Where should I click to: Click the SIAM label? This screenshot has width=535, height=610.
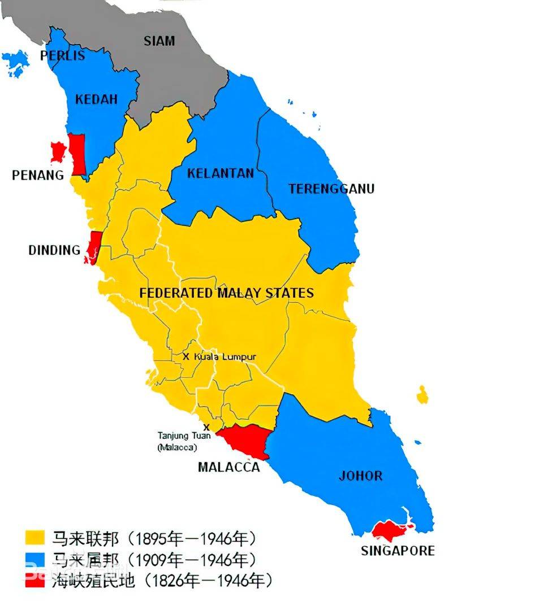pyautogui.click(x=159, y=41)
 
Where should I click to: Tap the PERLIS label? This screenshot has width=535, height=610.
pyautogui.click(x=62, y=55)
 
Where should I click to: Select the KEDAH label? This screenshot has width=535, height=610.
pyautogui.click(x=96, y=99)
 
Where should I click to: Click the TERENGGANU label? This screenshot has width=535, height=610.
pyautogui.click(x=331, y=189)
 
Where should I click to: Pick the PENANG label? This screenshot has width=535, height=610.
pyautogui.click(x=38, y=175)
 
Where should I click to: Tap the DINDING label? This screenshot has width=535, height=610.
pyautogui.click(x=54, y=250)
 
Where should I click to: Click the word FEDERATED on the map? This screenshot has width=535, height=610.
pyautogui.click(x=176, y=293)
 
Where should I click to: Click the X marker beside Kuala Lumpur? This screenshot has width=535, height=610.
pyautogui.click(x=185, y=357)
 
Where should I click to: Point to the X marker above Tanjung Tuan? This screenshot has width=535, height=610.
pyautogui.click(x=206, y=427)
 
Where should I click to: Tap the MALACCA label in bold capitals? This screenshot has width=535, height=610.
pyautogui.click(x=229, y=467)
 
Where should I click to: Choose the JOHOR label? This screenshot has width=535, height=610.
pyautogui.click(x=360, y=476)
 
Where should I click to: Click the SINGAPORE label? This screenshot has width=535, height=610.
pyautogui.click(x=398, y=551)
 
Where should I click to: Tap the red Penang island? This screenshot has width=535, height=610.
pyautogui.click(x=58, y=151)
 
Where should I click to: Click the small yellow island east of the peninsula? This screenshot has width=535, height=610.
pyautogui.click(x=422, y=395)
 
